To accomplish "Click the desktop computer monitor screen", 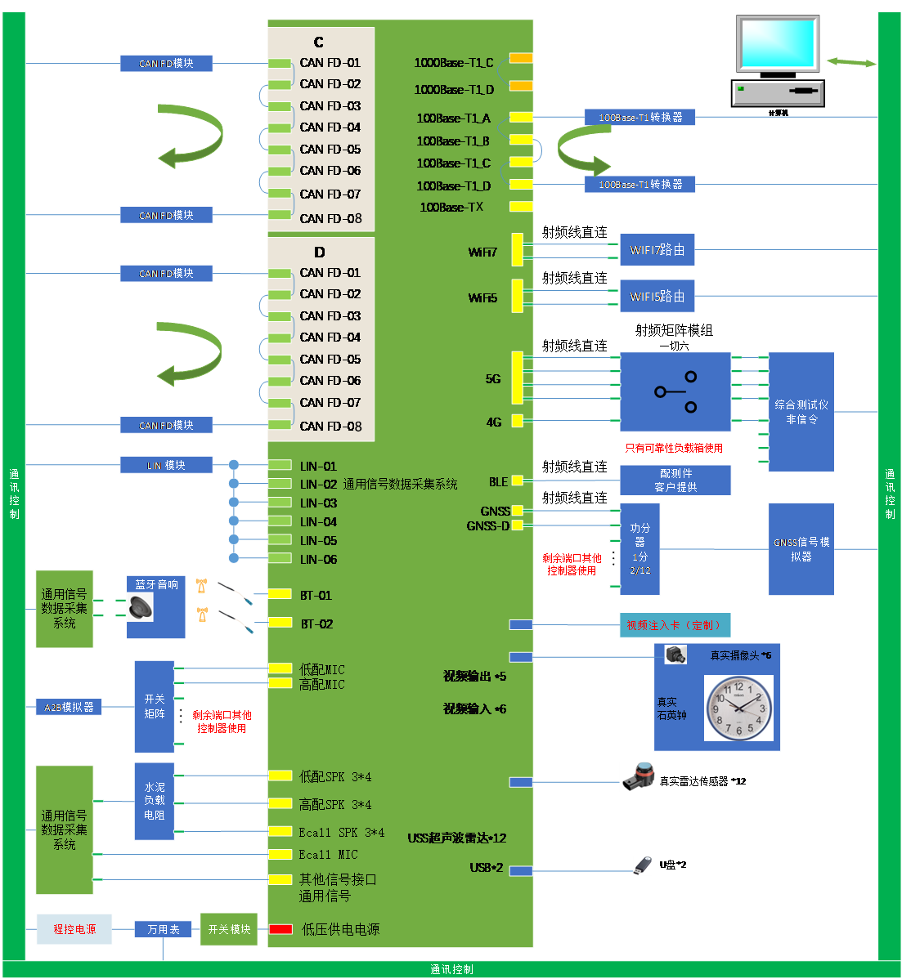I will coord(778,44).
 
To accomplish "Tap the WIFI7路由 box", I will coord(657,249).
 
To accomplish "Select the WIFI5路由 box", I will coord(657,296).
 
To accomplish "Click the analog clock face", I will coord(738,708).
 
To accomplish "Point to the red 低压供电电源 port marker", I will coord(280,929).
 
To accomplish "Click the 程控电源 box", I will coord(74,929).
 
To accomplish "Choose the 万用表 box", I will coord(163,929).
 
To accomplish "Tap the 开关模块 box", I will coord(229,929).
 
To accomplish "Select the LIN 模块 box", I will coord(166,465).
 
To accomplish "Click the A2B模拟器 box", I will coord(69,707).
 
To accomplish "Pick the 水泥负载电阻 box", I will coord(155,801).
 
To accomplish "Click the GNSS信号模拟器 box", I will coord(801,548).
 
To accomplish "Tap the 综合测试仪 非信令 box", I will coord(801,412).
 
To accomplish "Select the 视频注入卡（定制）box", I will coord(675,625).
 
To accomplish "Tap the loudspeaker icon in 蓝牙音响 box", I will coord(141,607).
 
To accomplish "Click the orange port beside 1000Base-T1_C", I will coord(521,58).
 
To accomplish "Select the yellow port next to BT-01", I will coord(280,594).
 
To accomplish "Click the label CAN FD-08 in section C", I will coord(330,218).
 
